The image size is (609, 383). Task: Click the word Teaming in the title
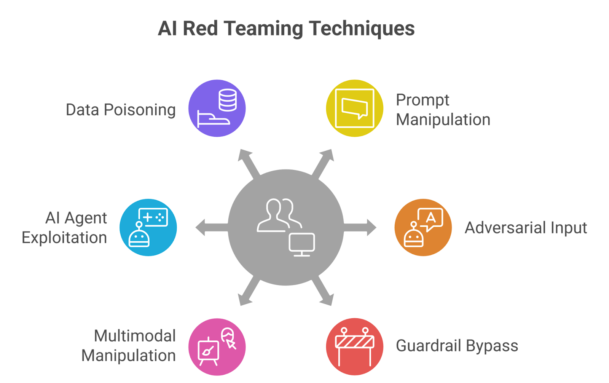[264, 29]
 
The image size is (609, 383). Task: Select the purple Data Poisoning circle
[217, 109]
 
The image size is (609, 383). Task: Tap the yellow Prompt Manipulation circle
[355, 109]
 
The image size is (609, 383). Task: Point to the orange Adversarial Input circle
[423, 227]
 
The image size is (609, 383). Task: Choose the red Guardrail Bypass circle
[355, 346]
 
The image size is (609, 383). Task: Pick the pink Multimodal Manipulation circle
[217, 346]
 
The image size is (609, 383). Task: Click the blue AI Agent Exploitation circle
[148, 227]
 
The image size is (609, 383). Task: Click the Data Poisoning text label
[121, 110]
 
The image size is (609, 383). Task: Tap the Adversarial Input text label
[526, 228]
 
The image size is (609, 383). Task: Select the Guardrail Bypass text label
[457, 346]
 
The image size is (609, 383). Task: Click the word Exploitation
[64, 238]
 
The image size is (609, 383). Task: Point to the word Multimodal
[134, 336]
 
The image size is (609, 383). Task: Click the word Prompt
[422, 100]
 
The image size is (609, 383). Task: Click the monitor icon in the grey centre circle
[302, 244]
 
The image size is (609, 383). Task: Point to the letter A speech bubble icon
[430, 219]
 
